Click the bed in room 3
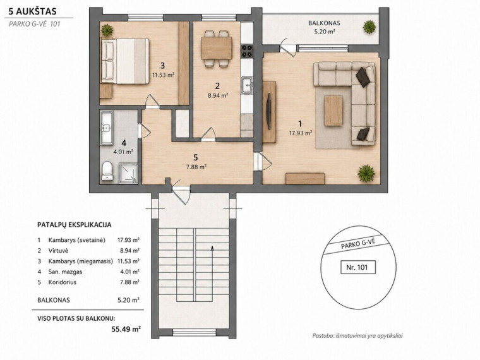pyautogui.click(x=125, y=61)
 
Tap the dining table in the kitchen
pyautogui.click(x=216, y=48)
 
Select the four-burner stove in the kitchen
pyautogui.click(x=247, y=51)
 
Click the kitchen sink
pyautogui.click(x=247, y=85)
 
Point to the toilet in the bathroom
pyautogui.click(x=107, y=171)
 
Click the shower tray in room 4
pyautogui.click(x=128, y=173)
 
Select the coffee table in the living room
pyautogui.click(x=333, y=111)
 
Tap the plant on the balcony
pyautogui.click(x=369, y=27)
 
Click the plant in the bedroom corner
pyautogui.click(x=107, y=30)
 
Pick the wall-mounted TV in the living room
pyautogui.click(x=269, y=111)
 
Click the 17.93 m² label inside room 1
pyautogui.click(x=301, y=133)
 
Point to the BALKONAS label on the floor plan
pyautogui.click(x=324, y=23)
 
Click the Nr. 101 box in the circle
pyautogui.click(x=358, y=267)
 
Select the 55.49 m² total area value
pyautogui.click(x=126, y=329)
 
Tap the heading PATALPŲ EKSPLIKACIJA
pyautogui.click(x=75, y=225)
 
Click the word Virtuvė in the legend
pyautogui.click(x=58, y=250)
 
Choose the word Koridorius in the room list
pyautogui.click(x=62, y=282)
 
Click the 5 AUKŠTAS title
pyautogui.click(x=32, y=11)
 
